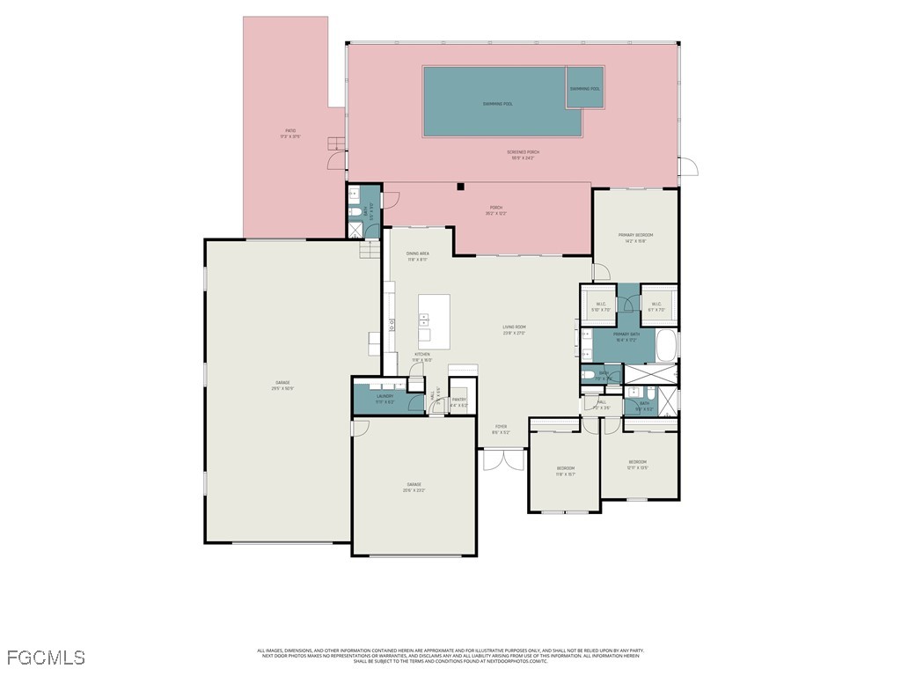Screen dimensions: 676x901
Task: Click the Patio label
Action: (x=289, y=133)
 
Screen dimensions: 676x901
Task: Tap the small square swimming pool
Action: (x=584, y=88)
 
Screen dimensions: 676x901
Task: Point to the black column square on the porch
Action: (x=460, y=187)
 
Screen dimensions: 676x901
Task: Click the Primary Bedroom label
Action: (x=635, y=238)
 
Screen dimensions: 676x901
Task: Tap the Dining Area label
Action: (x=417, y=256)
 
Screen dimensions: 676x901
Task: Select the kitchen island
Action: (x=434, y=317)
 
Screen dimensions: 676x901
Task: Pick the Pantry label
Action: (x=458, y=401)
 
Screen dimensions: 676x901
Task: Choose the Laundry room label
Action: (x=385, y=399)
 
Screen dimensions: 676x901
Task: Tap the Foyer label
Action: (x=500, y=429)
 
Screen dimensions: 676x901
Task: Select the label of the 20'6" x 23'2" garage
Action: (x=414, y=487)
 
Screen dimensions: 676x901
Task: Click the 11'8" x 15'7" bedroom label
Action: (x=565, y=470)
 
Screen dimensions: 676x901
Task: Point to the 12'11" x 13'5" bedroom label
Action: (x=637, y=465)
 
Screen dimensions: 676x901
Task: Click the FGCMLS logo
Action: (x=46, y=658)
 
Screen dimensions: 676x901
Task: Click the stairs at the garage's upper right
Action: (x=369, y=251)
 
